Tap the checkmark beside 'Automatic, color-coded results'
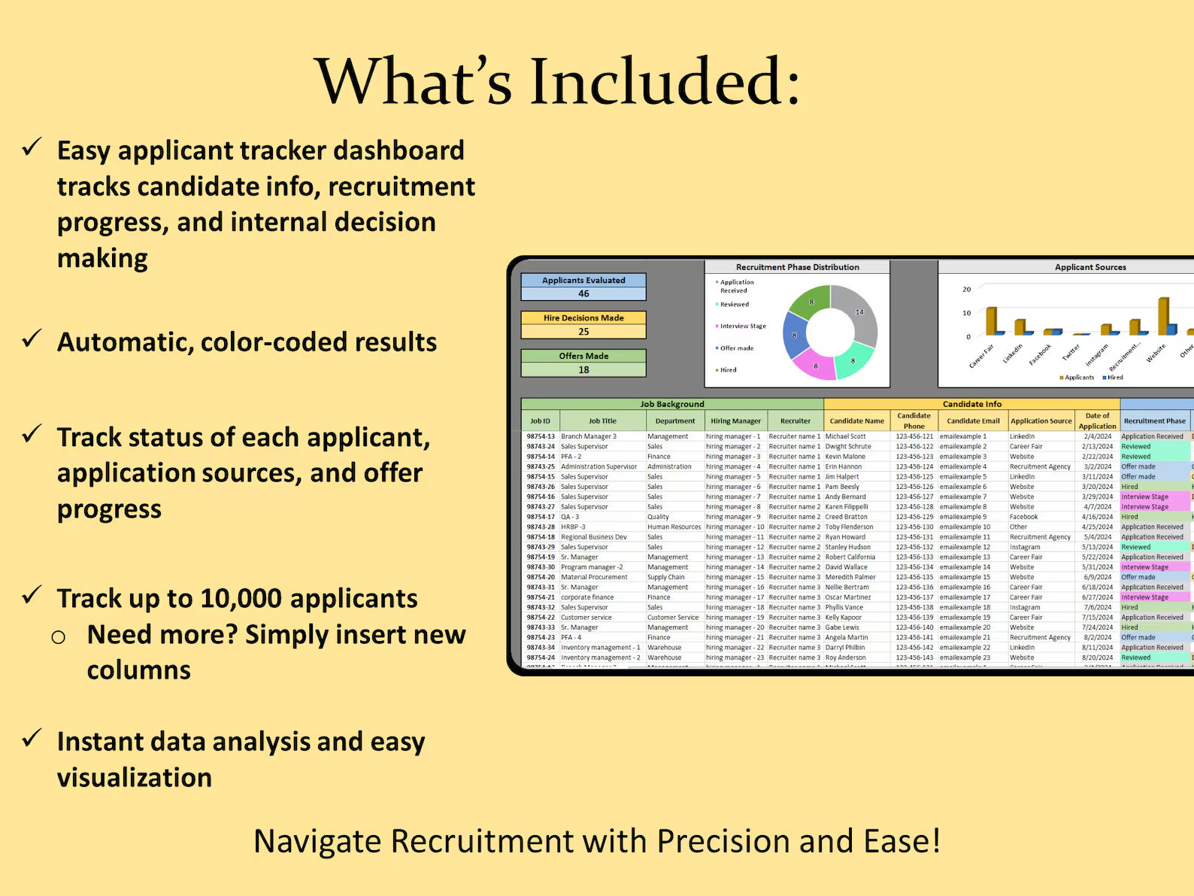pos(32,339)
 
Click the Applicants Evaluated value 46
pos(583,294)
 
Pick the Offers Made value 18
pos(583,370)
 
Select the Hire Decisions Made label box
pos(583,318)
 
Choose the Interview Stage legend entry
pos(743,327)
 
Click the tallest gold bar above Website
pos(1163,315)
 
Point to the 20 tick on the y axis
pos(967,290)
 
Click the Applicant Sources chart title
pos(1090,267)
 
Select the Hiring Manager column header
pos(735,421)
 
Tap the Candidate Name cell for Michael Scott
pos(846,436)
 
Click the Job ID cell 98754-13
pos(541,436)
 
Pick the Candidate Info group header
pos(971,404)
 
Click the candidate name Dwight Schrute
pos(848,447)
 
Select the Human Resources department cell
pos(674,527)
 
